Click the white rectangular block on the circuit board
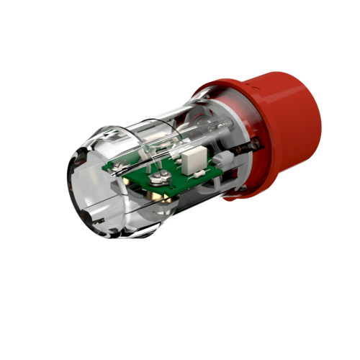click(x=192, y=161)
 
